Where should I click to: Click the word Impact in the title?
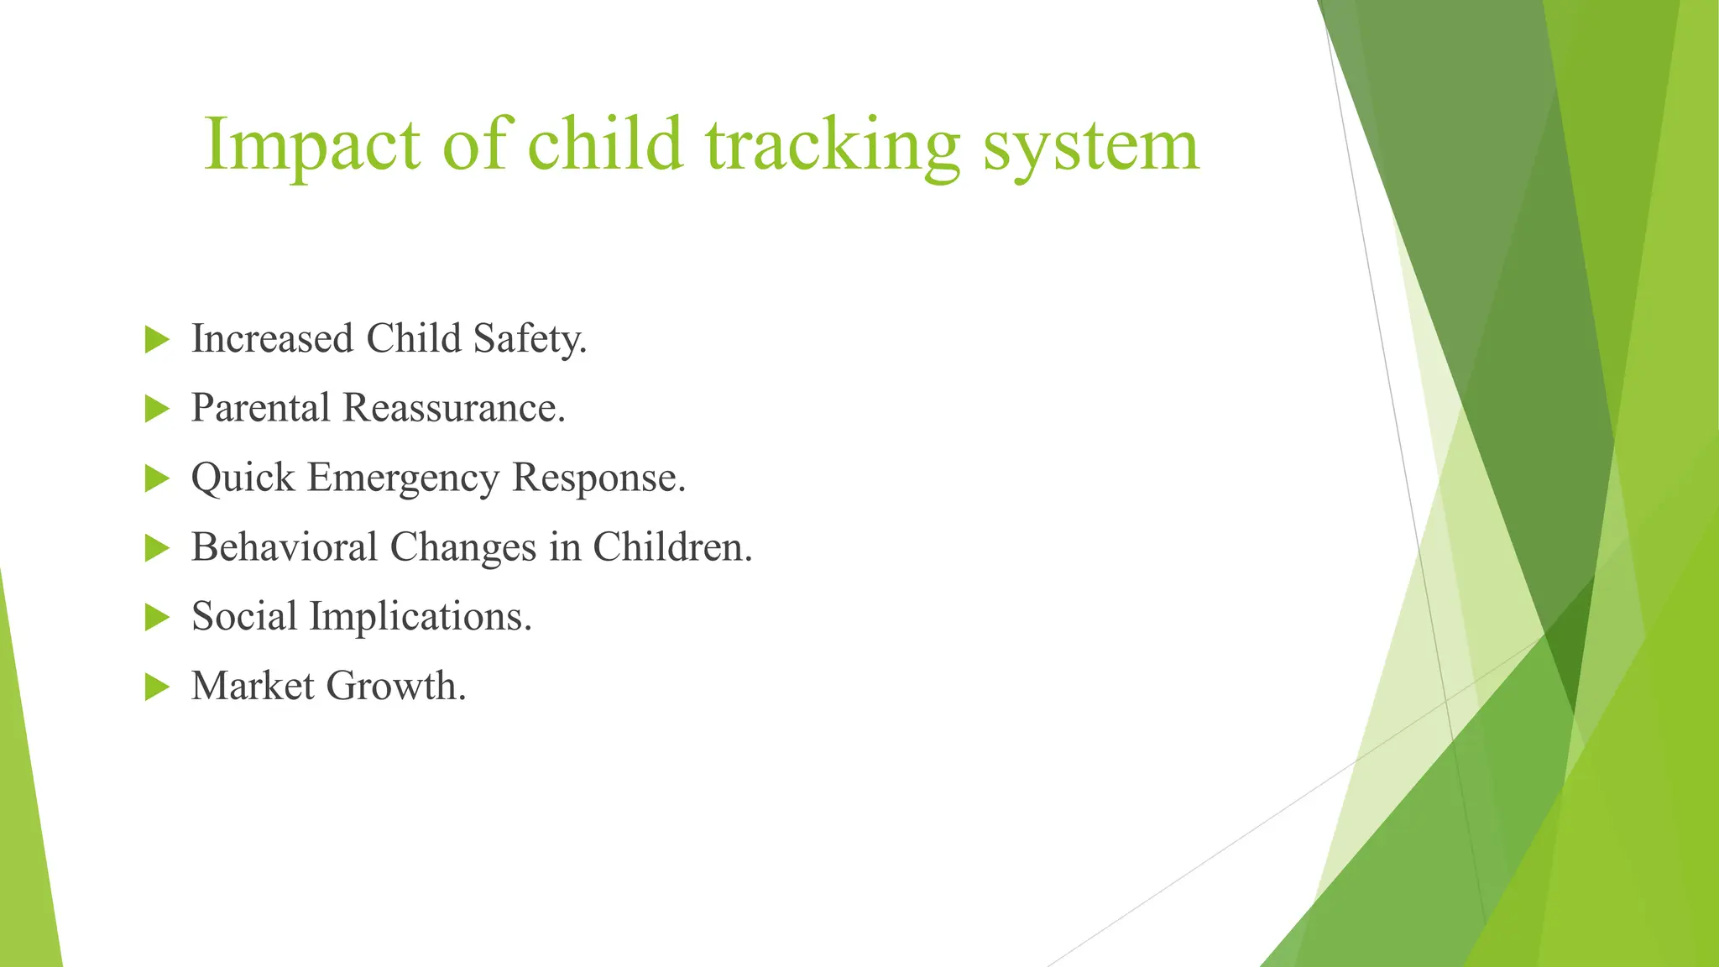pyautogui.click(x=311, y=144)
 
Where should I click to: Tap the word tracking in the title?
pyautogui.click(x=831, y=144)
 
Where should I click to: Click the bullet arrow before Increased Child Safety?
pyautogui.click(x=157, y=340)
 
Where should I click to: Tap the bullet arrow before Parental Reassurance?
pyautogui.click(x=157, y=409)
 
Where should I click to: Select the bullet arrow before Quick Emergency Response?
pyautogui.click(x=157, y=478)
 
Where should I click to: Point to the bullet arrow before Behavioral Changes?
pyautogui.click(x=157, y=548)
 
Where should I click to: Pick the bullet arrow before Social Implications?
pyautogui.click(x=157, y=617)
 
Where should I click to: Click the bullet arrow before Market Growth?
pyautogui.click(x=157, y=687)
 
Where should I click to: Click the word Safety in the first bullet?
pyautogui.click(x=529, y=339)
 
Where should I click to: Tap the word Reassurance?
pyautogui.click(x=453, y=409)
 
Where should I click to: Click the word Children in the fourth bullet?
pyautogui.click(x=672, y=547)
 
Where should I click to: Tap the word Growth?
pyautogui.click(x=395, y=686)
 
